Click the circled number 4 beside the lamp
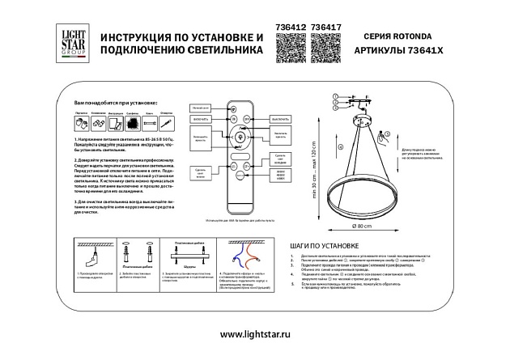[340, 147]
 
